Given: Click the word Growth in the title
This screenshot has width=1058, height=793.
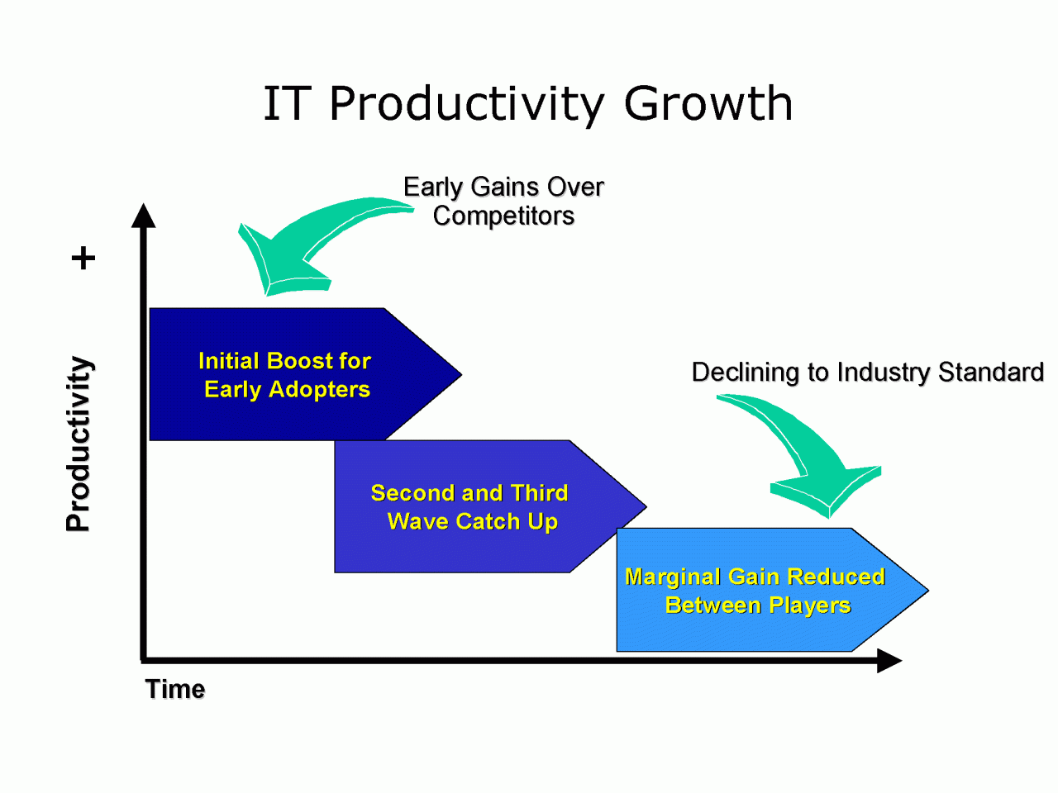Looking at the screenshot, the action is click(x=708, y=103).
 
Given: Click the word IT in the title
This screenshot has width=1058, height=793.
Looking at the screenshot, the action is click(x=285, y=103).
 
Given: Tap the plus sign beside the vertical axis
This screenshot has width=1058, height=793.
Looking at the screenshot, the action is click(x=83, y=258).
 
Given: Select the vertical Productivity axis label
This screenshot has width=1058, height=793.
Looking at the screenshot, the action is click(x=79, y=444).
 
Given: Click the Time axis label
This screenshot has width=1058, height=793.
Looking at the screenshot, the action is click(x=175, y=689).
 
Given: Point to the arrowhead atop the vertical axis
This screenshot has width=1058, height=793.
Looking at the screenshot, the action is click(x=144, y=216).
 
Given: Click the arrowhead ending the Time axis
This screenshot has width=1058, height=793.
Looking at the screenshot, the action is click(x=889, y=660).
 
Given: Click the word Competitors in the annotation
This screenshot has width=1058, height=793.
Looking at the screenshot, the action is click(x=503, y=216).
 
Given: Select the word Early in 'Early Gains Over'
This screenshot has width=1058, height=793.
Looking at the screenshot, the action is click(x=433, y=188).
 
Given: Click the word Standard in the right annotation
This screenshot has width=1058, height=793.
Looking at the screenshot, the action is click(x=991, y=372).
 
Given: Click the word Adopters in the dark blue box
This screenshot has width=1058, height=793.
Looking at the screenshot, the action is click(x=319, y=390).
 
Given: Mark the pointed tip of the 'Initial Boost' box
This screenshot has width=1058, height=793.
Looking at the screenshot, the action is click(x=461, y=374).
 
